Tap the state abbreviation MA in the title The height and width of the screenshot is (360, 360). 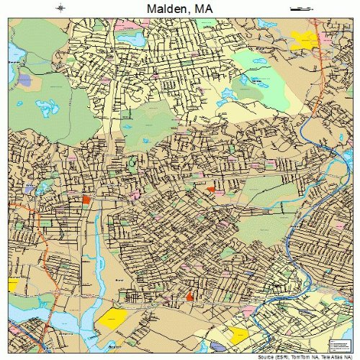pyautogui.click(x=204, y=9)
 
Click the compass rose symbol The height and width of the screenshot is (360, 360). pyautogui.click(x=60, y=8)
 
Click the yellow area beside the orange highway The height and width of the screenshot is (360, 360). pyautogui.click(x=12, y=286)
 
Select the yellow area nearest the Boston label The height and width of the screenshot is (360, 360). pyautogui.click(x=112, y=318)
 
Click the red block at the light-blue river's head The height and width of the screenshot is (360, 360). pyautogui.click(x=86, y=198)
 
